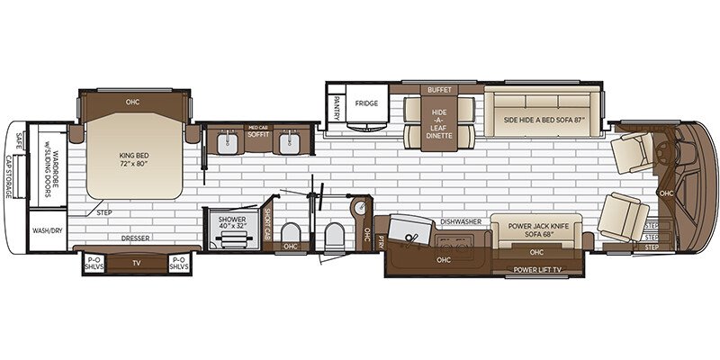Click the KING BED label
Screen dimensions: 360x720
[x=133, y=159]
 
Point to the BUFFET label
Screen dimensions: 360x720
[x=441, y=90]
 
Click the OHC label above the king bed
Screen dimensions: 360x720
[x=134, y=102]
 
